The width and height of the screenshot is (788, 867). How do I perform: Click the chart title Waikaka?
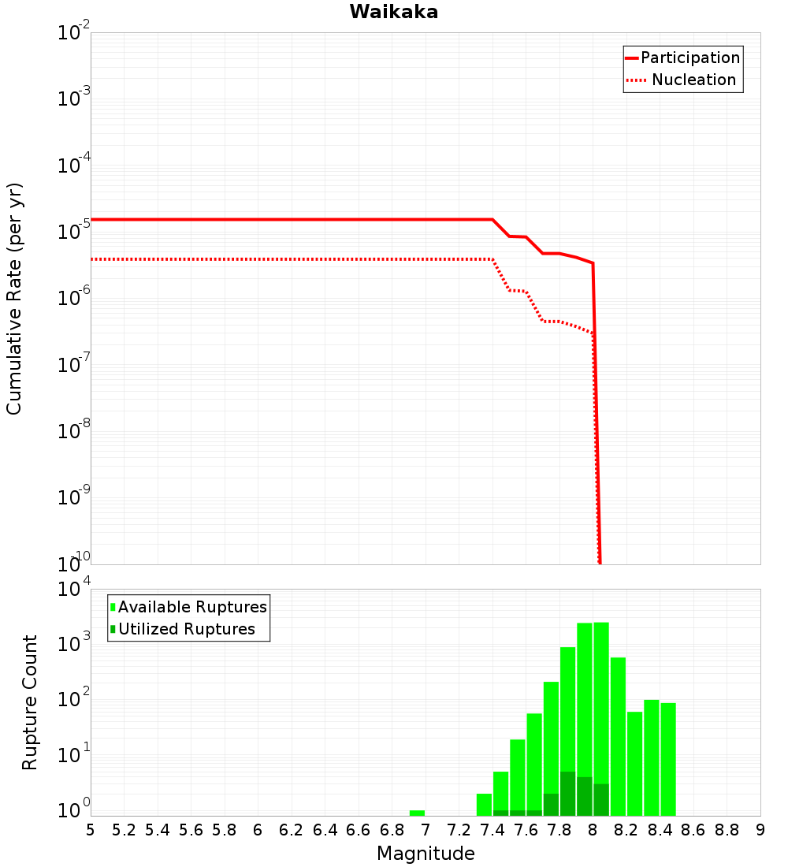tap(394, 12)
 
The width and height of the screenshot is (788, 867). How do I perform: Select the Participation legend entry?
tap(689, 58)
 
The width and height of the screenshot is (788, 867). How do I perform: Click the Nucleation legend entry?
tap(693, 80)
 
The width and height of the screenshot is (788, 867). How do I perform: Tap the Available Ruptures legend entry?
tap(192, 607)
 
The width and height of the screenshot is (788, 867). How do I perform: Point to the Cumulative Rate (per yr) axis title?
tap(15, 298)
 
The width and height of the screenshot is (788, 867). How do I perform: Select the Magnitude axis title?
tap(426, 854)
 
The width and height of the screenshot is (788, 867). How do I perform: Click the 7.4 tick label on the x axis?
tap(492, 830)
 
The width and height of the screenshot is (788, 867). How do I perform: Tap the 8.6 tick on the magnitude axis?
tap(693, 830)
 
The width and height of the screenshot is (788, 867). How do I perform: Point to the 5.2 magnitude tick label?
tap(125, 830)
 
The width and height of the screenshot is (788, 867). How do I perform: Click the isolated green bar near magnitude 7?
tap(417, 813)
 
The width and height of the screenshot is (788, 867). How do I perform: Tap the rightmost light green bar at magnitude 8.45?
tap(668, 759)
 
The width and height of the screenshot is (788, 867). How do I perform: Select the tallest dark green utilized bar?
tap(567, 794)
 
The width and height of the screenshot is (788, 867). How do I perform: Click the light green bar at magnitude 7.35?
tap(484, 805)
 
